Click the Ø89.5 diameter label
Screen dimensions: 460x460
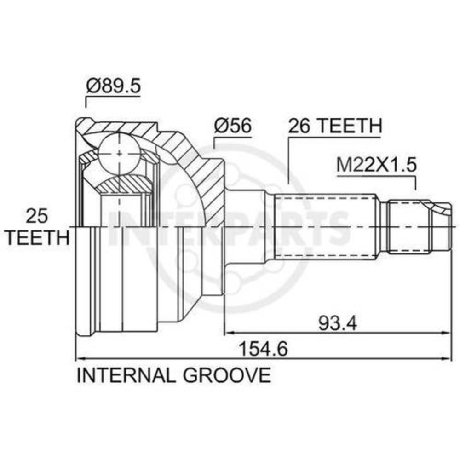tap(114, 86)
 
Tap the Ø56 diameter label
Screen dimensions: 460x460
tap(233, 125)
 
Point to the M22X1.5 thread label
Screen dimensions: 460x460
tap(376, 165)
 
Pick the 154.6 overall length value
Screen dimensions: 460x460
tap(264, 349)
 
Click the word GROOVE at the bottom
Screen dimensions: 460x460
tap(227, 374)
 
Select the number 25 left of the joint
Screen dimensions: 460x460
tap(37, 216)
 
